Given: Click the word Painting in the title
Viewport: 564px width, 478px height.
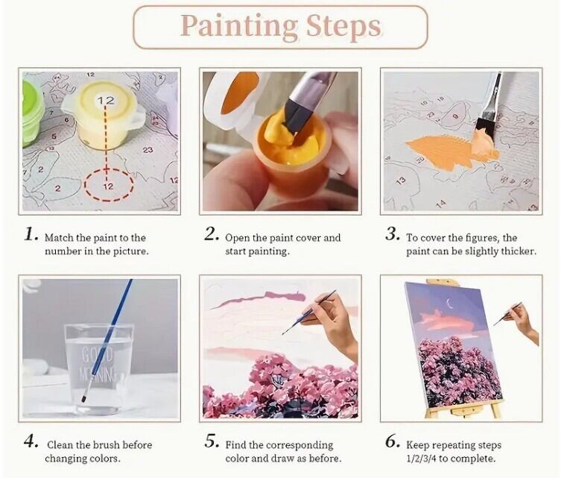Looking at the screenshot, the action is pos(239,25).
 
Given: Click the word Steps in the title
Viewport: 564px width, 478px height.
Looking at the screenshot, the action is pos(343,25).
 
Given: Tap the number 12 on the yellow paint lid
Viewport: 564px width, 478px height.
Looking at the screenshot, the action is pos(106,101).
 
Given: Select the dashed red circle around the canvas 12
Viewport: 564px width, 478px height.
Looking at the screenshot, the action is pos(109,185).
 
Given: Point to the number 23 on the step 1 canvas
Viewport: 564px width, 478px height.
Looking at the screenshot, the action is pos(148,150).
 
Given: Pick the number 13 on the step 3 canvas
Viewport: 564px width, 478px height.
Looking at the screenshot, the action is pos(400,181).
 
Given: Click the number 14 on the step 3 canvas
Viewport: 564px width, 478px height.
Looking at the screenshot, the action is pos(440,204).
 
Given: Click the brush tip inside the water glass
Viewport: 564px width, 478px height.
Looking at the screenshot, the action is pos(84,397).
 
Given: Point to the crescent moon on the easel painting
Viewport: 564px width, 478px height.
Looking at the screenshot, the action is pos(449,303).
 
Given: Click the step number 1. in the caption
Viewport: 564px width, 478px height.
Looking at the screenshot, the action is pos(31,235).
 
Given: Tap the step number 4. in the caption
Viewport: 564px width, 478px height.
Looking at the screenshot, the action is pos(31,441).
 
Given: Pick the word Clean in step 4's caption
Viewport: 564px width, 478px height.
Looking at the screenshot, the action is pos(60,445).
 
